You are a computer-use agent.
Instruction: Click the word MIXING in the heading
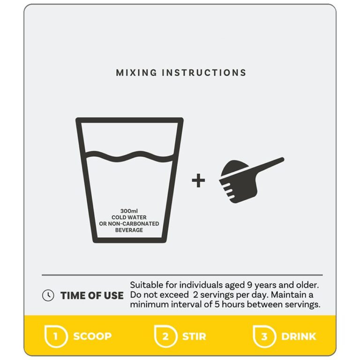tap(136, 73)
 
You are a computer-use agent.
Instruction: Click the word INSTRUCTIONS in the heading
tap(204, 73)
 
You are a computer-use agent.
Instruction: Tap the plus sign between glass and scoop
tap(198, 180)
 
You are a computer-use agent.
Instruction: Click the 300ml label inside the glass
tap(129, 211)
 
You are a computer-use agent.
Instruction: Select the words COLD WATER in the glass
tap(129, 217)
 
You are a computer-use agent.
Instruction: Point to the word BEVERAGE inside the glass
tap(129, 230)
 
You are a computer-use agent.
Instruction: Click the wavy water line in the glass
tap(129, 156)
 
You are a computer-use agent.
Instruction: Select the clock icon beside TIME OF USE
tap(48, 295)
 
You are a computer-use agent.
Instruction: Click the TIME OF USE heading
tap(92, 295)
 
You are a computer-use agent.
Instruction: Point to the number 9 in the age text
tap(249, 285)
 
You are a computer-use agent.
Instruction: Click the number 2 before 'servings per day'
tap(195, 295)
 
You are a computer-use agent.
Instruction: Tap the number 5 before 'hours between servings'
tap(217, 305)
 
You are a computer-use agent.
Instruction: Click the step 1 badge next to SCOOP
tap(56, 336)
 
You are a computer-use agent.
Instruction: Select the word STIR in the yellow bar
tap(194, 337)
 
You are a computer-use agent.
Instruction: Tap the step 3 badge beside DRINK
tap(264, 336)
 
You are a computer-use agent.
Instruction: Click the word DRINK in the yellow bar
tap(299, 337)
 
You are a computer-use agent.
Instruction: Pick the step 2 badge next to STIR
tap(165, 336)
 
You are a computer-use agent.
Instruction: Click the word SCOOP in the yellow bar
tap(92, 337)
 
